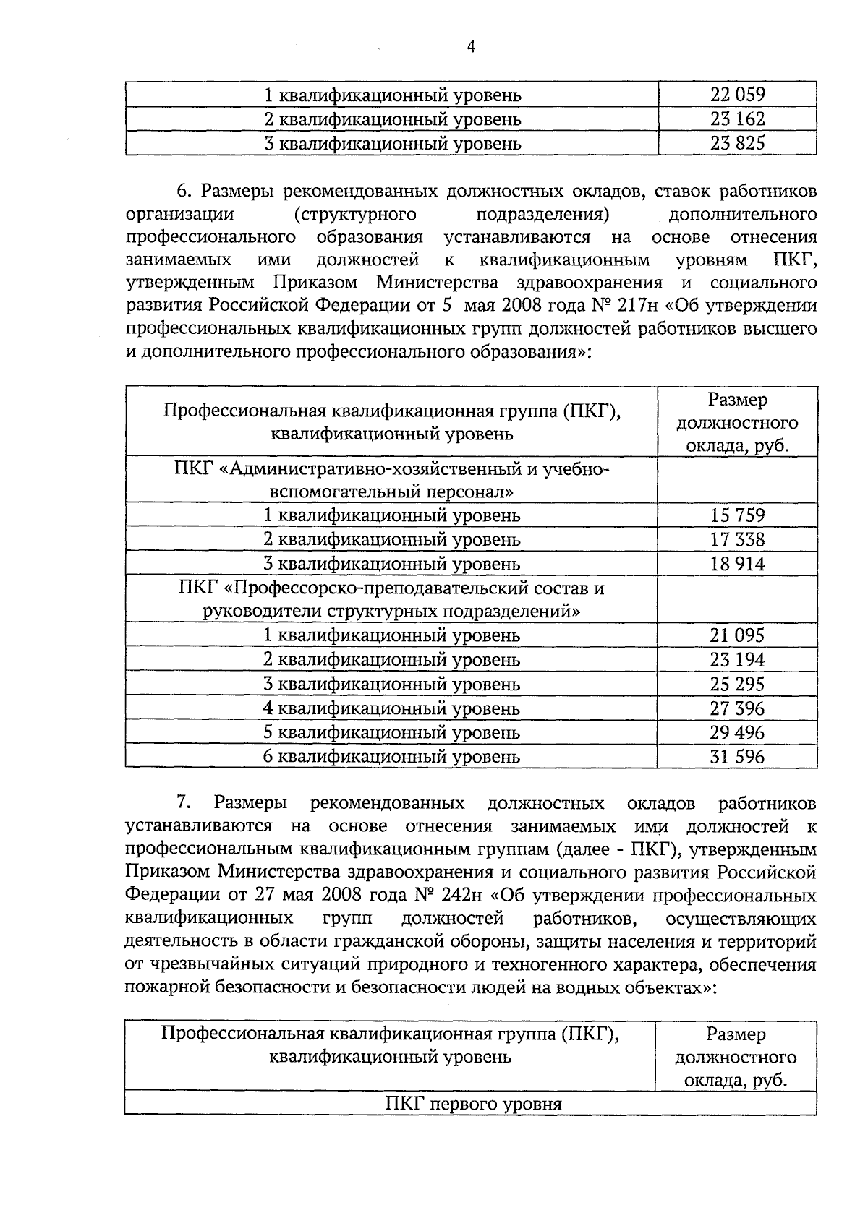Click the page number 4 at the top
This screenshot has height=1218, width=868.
[471, 48]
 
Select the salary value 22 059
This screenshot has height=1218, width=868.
[737, 95]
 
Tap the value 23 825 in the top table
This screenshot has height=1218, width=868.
[737, 143]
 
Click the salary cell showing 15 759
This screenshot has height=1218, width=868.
[737, 515]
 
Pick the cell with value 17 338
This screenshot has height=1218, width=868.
[737, 539]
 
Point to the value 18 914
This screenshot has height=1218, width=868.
[737, 564]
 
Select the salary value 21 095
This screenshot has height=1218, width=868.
[737, 635]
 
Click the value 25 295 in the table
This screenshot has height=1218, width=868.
[737, 684]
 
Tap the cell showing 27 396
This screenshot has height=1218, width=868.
[737, 708]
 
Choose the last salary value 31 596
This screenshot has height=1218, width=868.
[737, 757]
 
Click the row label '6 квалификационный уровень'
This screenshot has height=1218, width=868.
[391, 757]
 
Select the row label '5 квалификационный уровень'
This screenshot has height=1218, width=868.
[391, 732]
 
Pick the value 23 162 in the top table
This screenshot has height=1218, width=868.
[737, 119]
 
